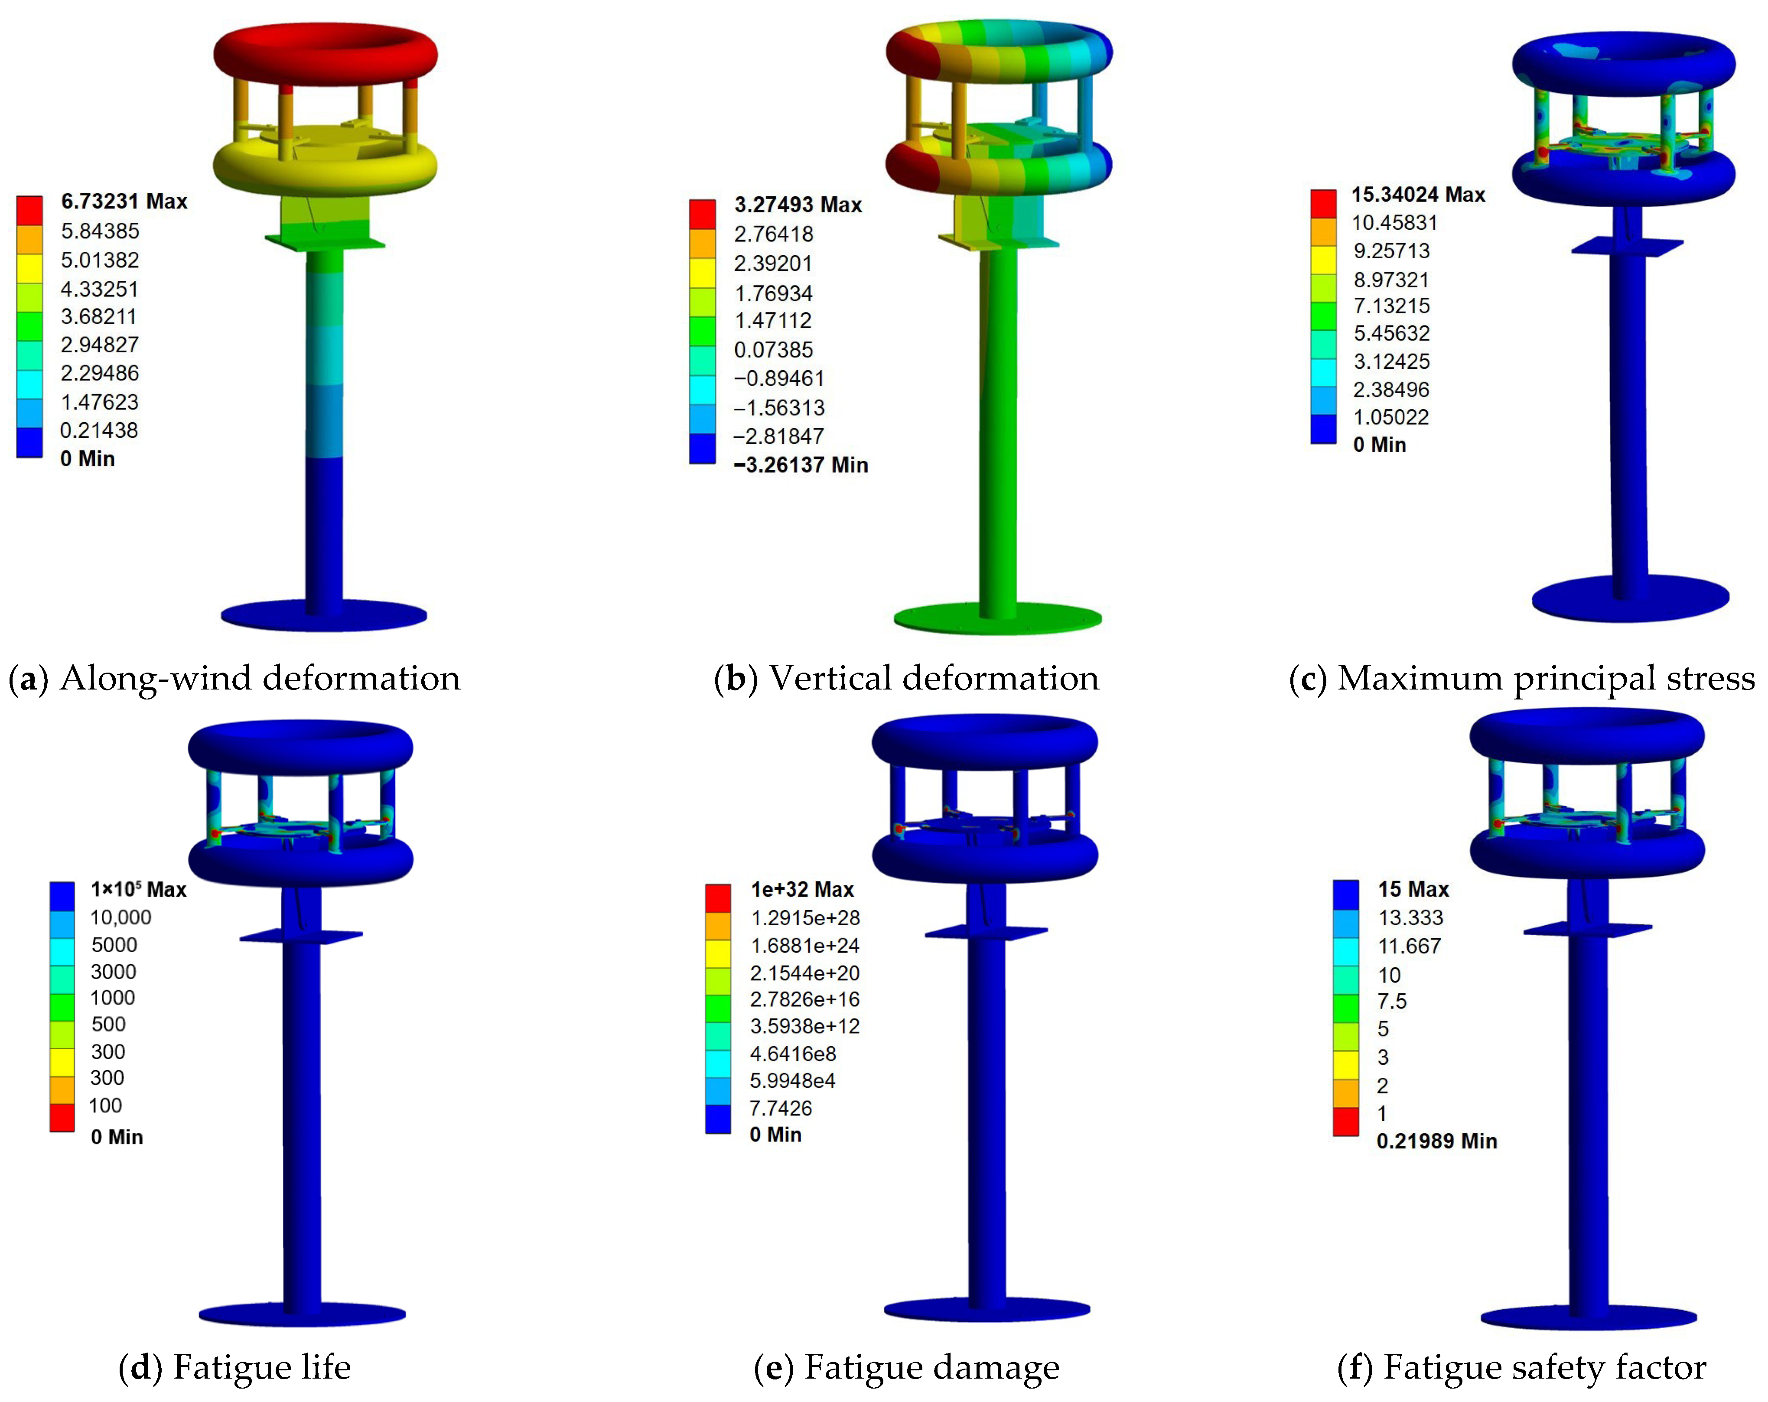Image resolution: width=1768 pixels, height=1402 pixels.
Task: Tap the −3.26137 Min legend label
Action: [x=801, y=465]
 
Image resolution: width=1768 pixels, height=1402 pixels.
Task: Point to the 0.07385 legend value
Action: [x=773, y=350]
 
